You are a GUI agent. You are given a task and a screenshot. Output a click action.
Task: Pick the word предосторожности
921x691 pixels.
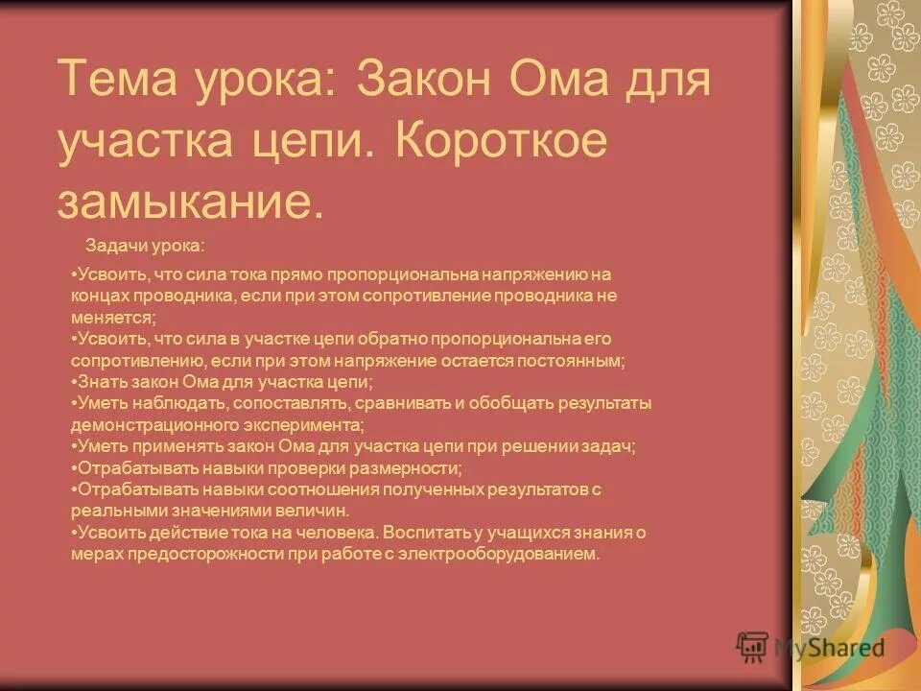coord(188,554)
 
